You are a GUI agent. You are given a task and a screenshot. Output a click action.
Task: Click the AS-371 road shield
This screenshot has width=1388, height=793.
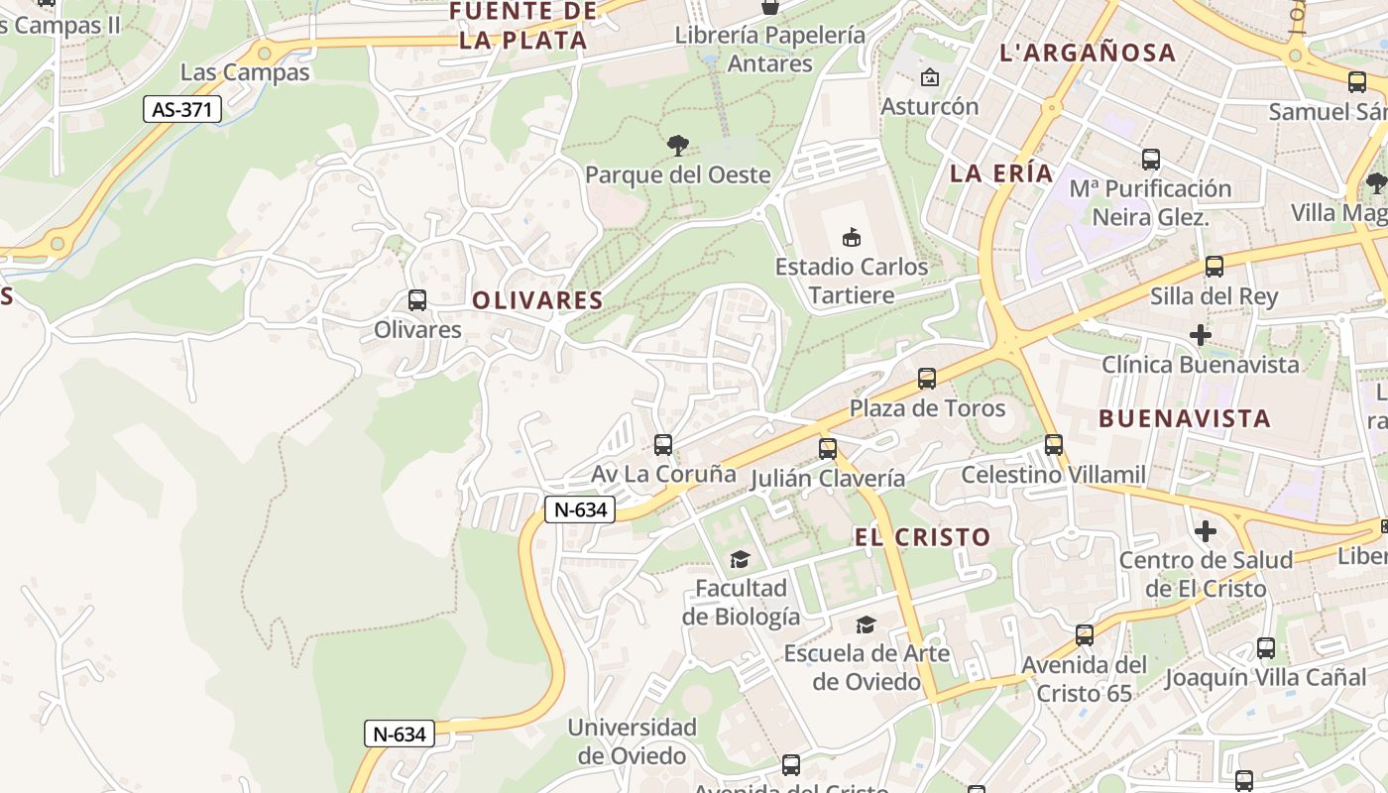point(182,109)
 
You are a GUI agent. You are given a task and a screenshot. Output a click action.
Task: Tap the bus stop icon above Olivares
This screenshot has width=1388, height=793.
point(417,300)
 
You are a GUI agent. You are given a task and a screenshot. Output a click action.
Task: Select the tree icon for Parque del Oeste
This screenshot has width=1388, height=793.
point(678,146)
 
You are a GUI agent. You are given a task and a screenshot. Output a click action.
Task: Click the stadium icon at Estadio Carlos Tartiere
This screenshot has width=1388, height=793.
point(852,237)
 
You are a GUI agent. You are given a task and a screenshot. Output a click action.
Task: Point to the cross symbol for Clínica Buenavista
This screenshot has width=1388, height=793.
point(1201,335)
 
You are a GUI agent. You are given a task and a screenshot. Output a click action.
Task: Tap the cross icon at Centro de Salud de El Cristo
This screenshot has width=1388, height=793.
point(1206,531)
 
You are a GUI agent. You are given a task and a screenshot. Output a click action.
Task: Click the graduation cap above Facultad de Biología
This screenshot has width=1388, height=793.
point(740,560)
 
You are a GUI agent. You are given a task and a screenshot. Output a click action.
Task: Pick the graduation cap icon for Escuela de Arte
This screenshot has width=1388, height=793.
point(866,624)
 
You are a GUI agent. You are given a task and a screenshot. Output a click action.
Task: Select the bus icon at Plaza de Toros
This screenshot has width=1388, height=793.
point(927,379)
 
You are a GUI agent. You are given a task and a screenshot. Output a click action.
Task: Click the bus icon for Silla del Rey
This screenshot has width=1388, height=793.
point(1214,267)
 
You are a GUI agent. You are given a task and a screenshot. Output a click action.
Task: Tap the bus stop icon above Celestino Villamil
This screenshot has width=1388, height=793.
point(1054,445)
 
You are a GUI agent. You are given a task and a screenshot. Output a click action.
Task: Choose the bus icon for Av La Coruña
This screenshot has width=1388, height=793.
point(663,445)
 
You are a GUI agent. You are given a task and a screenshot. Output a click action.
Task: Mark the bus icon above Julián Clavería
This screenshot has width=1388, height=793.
point(828,449)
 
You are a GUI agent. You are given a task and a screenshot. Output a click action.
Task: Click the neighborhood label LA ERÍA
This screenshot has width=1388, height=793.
point(1001,173)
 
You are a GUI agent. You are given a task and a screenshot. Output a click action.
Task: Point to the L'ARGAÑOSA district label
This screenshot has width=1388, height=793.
point(1088,54)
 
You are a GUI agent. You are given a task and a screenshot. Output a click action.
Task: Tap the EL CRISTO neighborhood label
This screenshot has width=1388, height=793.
point(922,537)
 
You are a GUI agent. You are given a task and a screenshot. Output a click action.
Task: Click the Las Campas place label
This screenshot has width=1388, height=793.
point(245,72)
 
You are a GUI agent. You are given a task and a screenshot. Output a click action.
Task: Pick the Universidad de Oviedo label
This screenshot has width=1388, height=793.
point(633,741)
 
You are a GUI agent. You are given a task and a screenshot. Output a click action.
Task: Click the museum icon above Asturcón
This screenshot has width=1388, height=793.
point(930,77)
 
